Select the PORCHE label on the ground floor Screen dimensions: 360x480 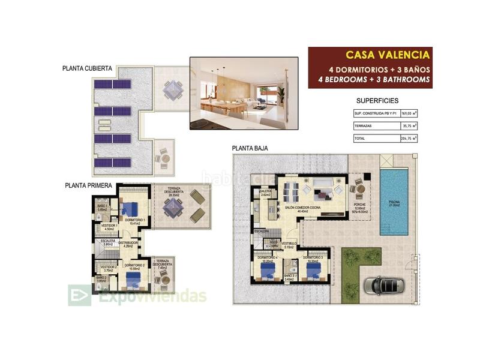[359, 210]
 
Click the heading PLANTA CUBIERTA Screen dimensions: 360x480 [87, 68]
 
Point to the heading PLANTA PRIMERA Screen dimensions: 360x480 [88, 186]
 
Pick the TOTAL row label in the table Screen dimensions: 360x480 [361, 139]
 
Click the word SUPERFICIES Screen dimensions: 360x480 [377, 101]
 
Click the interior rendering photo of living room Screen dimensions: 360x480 [244, 93]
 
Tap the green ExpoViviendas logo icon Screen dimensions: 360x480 [80, 295]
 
